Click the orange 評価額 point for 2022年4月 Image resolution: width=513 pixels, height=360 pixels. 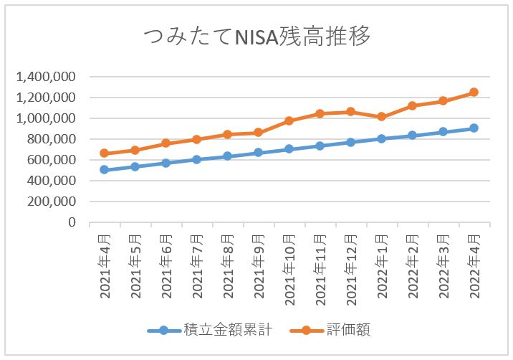[474, 93]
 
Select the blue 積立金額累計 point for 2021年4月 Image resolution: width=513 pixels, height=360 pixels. [104, 170]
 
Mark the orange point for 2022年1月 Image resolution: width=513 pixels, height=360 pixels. [381, 116]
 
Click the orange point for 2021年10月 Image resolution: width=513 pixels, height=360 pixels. [289, 120]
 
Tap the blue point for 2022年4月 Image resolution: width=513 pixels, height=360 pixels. [474, 128]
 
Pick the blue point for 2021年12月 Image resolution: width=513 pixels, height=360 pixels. [350, 142]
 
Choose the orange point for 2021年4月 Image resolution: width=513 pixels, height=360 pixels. [104, 153]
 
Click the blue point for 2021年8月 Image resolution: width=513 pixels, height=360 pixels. [227, 156]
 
